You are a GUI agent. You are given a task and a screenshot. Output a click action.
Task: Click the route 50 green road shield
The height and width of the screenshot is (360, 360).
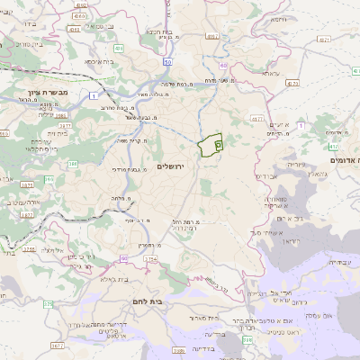[168, 61]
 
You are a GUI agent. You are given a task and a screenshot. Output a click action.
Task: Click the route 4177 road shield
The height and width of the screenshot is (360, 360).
[257, 117]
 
